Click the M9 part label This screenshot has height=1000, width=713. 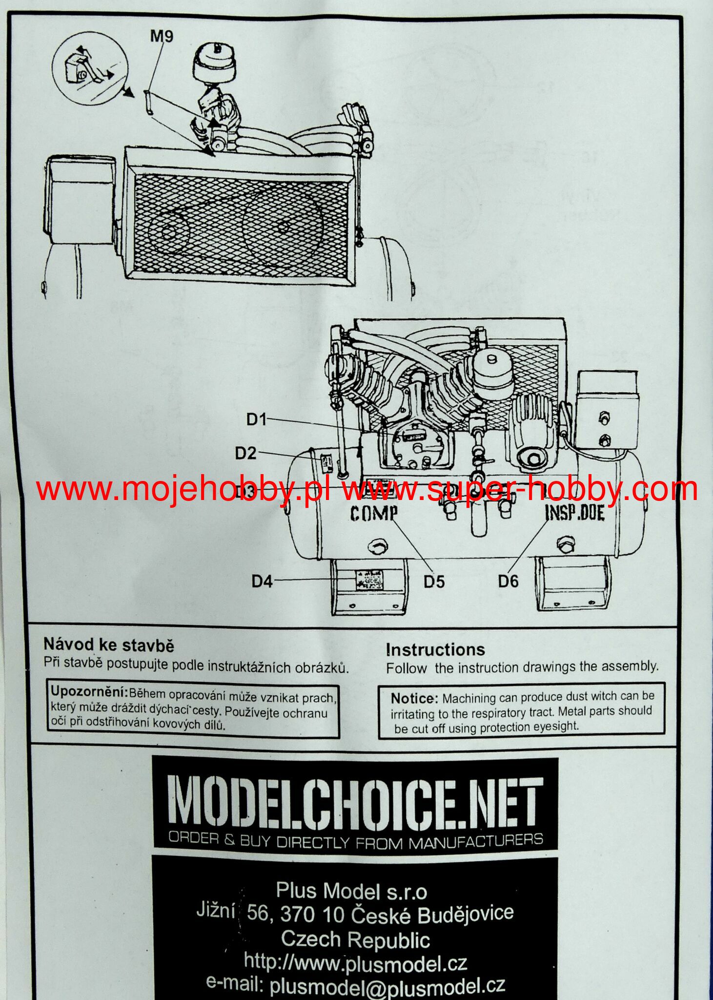(x=162, y=37)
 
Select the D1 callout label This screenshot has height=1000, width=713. (x=256, y=419)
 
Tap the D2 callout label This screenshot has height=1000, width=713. (x=245, y=453)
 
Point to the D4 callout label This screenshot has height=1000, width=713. (x=262, y=581)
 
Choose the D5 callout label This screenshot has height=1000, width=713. (x=434, y=582)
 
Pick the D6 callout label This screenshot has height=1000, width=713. (x=509, y=581)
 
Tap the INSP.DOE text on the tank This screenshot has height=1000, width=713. (x=574, y=513)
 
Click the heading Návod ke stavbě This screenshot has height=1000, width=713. (x=108, y=645)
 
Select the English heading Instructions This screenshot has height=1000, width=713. (x=435, y=649)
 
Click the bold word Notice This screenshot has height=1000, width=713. (x=414, y=698)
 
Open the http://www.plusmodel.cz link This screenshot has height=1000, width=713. (x=355, y=963)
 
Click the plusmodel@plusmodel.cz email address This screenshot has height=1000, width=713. (x=387, y=985)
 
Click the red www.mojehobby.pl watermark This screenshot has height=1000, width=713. (x=183, y=489)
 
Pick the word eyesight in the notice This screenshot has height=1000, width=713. (x=553, y=726)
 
